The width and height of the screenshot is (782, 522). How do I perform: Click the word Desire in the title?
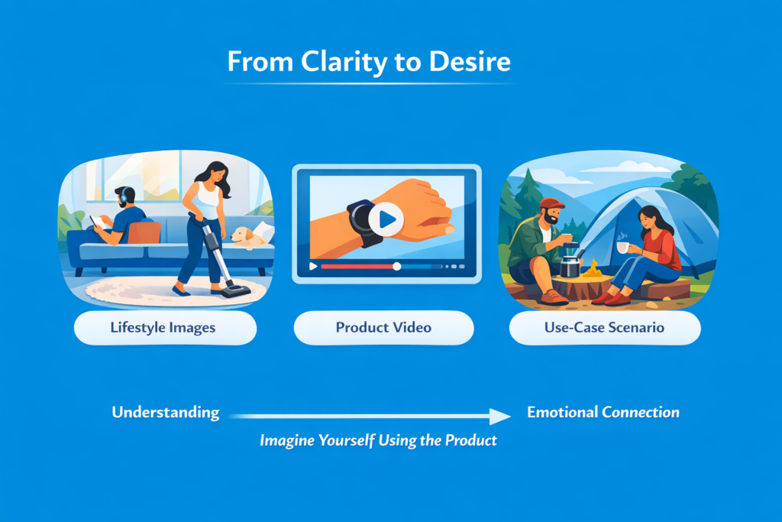(x=470, y=61)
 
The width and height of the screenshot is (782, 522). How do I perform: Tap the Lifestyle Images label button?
(x=165, y=327)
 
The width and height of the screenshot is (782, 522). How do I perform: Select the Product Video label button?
(x=383, y=327)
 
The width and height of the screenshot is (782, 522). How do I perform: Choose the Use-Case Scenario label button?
(x=605, y=327)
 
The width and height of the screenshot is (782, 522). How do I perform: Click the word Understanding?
(x=166, y=413)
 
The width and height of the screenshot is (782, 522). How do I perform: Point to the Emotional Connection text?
(x=603, y=412)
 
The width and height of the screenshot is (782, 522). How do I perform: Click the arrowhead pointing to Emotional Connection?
(x=499, y=417)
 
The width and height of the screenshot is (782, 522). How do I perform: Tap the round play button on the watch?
(x=386, y=219)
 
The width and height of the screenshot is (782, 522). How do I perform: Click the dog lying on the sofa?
(x=248, y=238)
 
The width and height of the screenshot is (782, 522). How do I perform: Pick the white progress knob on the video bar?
(x=396, y=267)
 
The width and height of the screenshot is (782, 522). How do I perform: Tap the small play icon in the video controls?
(x=313, y=267)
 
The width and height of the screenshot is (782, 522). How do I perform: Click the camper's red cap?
(x=552, y=203)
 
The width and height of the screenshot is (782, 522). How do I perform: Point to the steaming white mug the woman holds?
(x=623, y=247)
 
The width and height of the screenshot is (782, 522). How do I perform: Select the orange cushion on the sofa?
(x=144, y=233)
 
